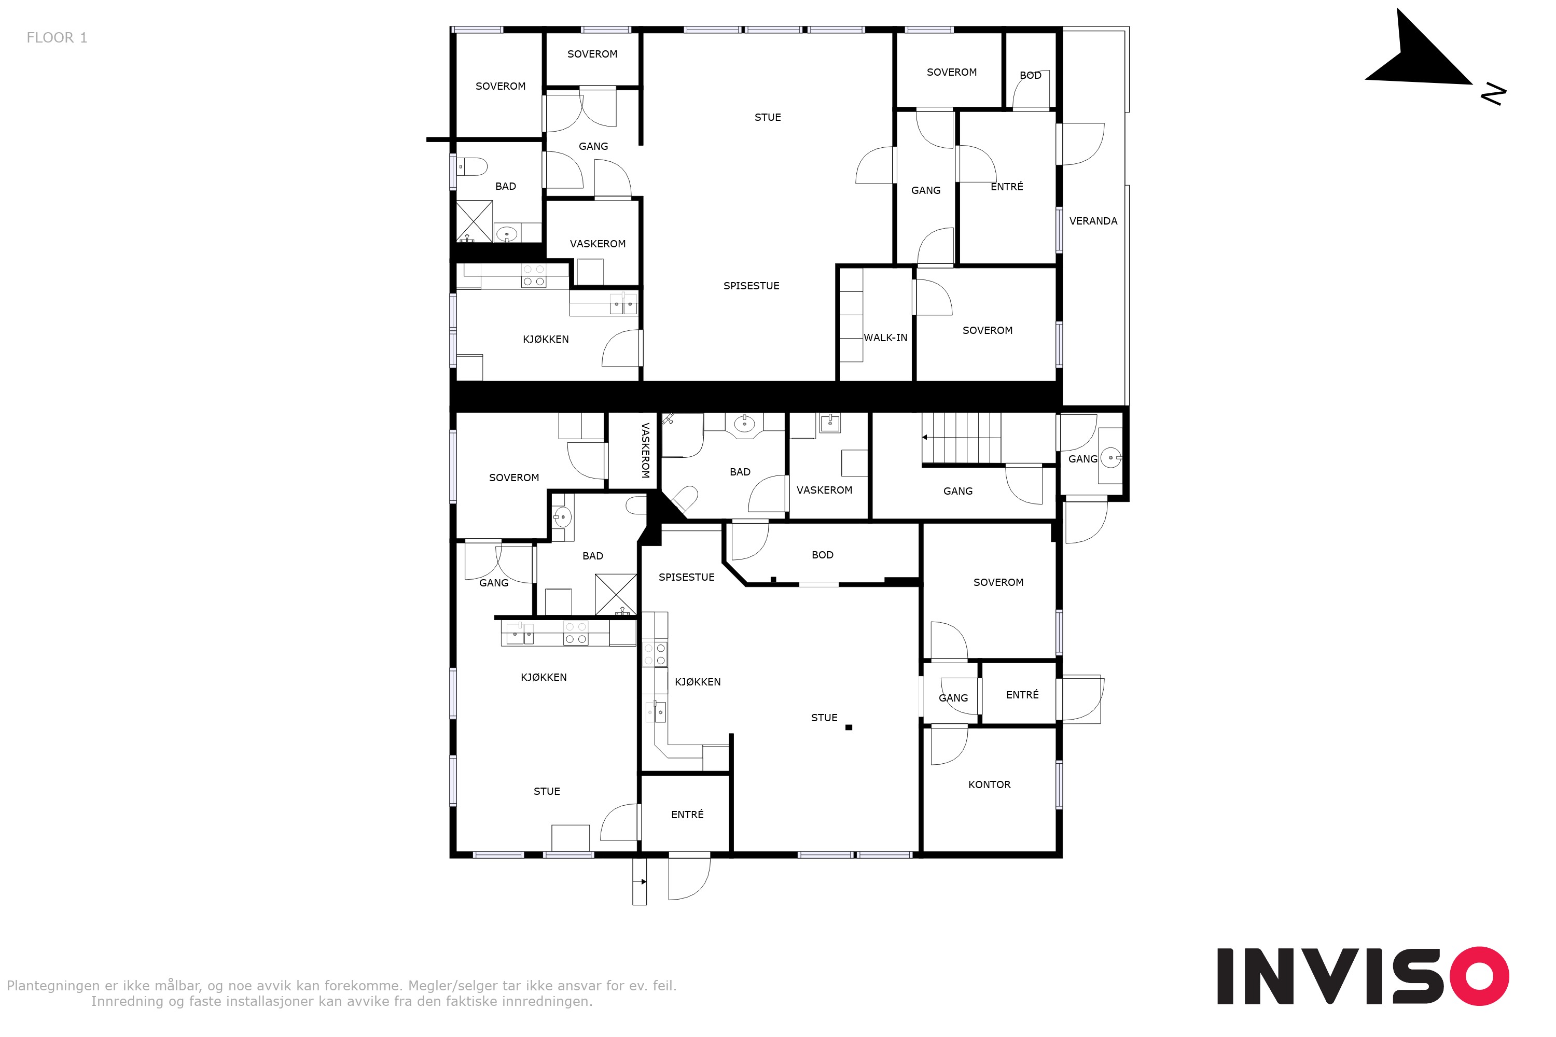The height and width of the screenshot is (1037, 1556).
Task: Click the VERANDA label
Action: point(1093,221)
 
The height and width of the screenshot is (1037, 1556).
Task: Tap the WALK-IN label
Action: point(885,338)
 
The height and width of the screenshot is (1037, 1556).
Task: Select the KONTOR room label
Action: point(989,784)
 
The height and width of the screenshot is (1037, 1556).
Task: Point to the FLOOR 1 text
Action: point(57,38)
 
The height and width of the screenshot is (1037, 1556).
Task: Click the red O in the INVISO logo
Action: point(1479,976)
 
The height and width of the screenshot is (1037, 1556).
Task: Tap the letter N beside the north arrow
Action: point(1493,94)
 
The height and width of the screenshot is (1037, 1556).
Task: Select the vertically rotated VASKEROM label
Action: point(645,451)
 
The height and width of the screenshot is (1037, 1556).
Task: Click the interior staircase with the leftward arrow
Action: point(961,438)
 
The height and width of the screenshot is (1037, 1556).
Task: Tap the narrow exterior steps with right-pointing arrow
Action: point(639,881)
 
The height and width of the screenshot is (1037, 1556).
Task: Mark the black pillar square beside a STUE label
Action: point(849,727)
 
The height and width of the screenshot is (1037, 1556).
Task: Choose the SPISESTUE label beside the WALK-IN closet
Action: point(751,286)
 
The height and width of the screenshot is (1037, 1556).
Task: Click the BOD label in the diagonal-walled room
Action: point(822,555)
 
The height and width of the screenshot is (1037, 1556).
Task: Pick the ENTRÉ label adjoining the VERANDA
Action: point(1006,187)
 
